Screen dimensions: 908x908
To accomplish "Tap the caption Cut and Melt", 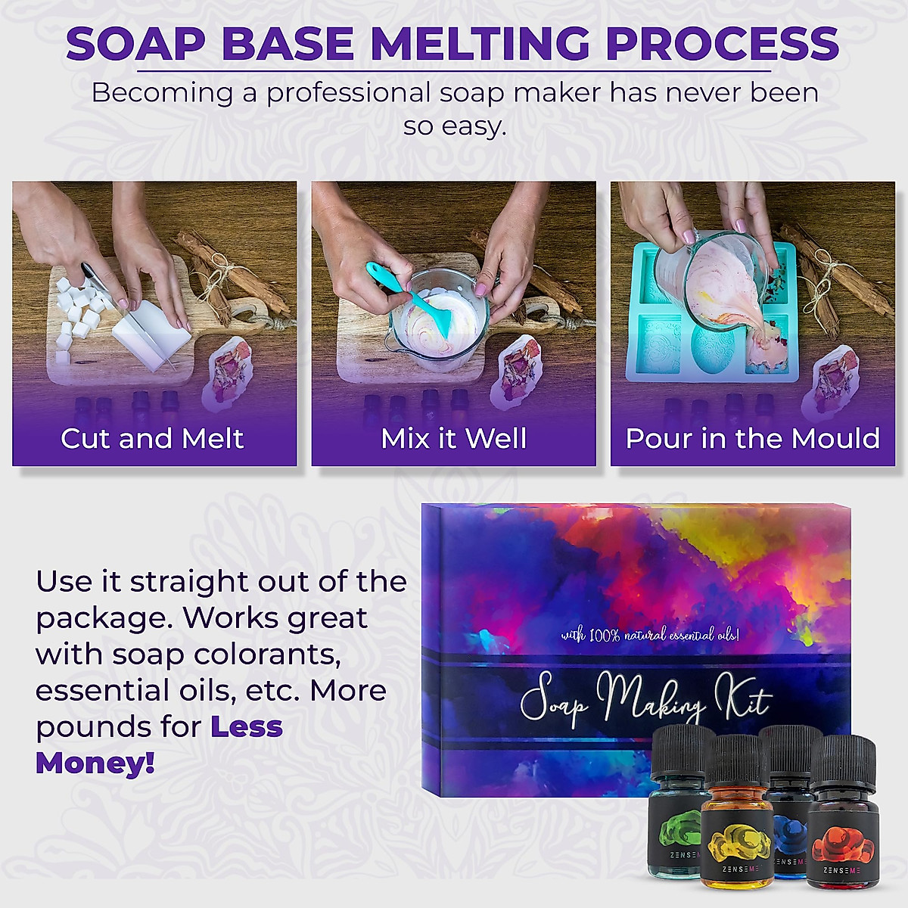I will (152, 438).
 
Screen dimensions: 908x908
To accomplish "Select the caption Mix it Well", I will (453, 438).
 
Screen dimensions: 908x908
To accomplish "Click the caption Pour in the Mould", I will (752, 438).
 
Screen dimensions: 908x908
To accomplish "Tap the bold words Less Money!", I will (159, 745).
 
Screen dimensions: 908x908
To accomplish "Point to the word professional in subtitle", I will (348, 93).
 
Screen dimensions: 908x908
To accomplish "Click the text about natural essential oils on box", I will (649, 634).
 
